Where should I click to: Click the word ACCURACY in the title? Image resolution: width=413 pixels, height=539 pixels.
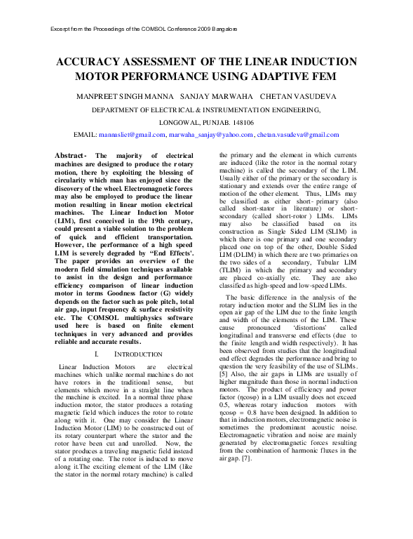click(x=93, y=62)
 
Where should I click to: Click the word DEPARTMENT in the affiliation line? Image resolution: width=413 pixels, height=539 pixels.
click(x=123, y=110)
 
